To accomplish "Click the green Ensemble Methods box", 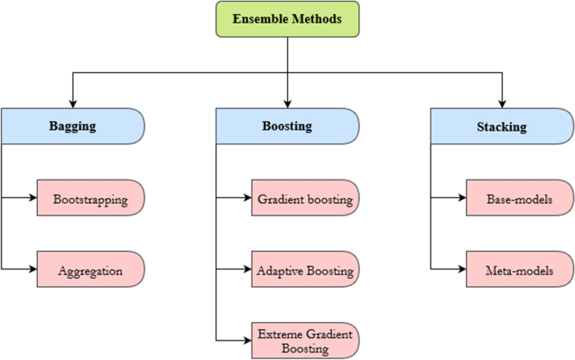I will tap(287, 18).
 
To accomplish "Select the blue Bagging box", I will tap(72, 127).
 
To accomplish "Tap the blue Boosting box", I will tap(287, 127).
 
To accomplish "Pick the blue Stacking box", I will tap(502, 127).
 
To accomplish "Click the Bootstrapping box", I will tap(91, 199).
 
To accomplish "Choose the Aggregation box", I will tap(91, 270).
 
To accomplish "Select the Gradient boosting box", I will tap(306, 199).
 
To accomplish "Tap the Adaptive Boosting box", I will tap(306, 270).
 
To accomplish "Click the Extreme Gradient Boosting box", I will tap(306, 341).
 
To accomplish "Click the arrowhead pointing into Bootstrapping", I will tap(33, 199).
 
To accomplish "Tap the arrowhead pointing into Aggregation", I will tap(33, 270).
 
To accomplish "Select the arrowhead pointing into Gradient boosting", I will tap(248, 199).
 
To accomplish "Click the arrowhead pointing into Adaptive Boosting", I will tap(248, 270).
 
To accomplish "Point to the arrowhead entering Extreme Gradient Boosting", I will tap(248, 341).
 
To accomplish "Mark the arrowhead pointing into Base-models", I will tap(463, 199).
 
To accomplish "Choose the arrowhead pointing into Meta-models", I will tap(463, 270).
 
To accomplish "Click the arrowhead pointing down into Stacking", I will tap(502, 104).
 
